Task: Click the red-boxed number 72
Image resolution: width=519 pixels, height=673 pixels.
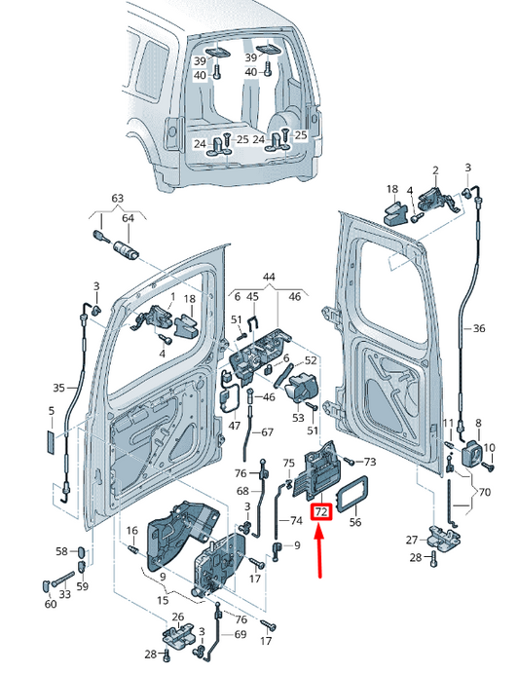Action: coord(321,511)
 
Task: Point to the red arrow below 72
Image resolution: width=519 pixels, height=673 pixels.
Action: coord(319,552)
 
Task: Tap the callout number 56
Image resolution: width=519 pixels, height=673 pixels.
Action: coord(355,521)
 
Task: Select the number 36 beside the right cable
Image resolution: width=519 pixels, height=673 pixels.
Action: coord(478,328)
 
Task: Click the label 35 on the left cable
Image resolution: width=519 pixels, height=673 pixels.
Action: coord(58,388)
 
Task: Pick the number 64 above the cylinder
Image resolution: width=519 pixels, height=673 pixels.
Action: coord(128,218)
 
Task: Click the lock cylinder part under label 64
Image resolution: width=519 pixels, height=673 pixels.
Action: coord(126,249)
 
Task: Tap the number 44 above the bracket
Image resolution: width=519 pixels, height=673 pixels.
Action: coord(269,277)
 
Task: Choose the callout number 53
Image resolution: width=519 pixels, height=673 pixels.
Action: coord(298,418)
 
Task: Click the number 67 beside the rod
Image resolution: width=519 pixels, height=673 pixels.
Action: coord(267,432)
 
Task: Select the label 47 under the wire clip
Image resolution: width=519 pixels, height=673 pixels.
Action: coord(235,426)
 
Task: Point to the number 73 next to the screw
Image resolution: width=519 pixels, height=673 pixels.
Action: coord(369,462)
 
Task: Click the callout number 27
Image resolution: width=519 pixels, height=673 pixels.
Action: coord(412,540)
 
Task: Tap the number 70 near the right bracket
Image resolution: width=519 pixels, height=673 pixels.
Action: coord(484,492)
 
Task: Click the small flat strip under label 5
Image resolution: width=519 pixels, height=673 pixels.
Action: coord(51,443)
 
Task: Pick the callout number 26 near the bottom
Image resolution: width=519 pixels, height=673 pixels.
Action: coord(178,617)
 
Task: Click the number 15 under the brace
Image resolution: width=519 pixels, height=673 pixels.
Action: coord(163,600)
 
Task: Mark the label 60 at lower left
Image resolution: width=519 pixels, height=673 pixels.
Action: coord(51,604)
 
